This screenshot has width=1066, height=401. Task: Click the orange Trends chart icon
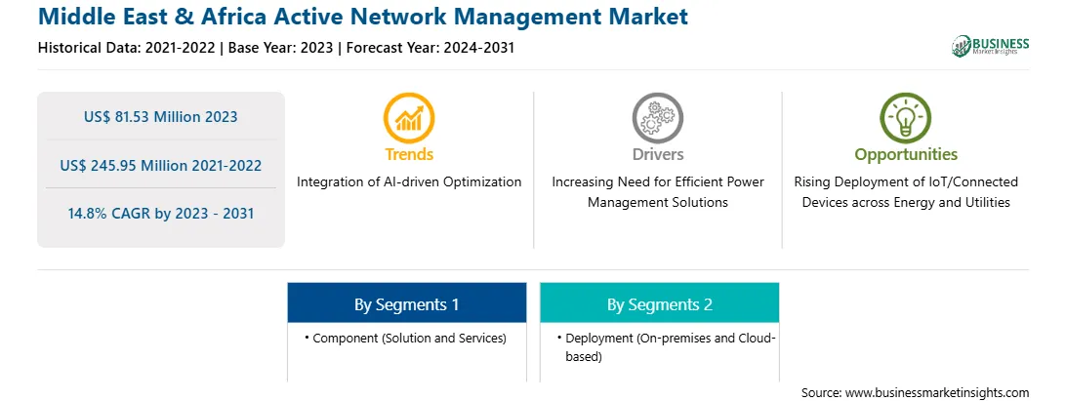click(x=409, y=118)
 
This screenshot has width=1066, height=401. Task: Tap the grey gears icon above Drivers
click(x=657, y=118)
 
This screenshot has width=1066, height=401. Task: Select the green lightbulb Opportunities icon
click(x=906, y=118)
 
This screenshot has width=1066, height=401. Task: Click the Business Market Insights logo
click(x=991, y=46)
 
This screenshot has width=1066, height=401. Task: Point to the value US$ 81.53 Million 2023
click(x=161, y=117)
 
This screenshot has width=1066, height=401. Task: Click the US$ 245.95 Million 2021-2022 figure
click(x=161, y=165)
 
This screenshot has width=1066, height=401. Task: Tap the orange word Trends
click(x=409, y=154)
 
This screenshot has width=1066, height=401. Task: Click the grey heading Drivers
click(x=658, y=154)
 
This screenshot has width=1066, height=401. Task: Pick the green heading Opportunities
click(x=906, y=155)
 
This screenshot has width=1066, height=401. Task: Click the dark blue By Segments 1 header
click(x=406, y=303)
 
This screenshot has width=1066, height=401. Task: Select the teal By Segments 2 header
click(x=660, y=303)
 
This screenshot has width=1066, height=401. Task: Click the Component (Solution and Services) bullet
click(x=405, y=338)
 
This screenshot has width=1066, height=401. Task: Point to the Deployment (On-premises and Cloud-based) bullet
click(x=666, y=346)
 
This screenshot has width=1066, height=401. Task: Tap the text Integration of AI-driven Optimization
click(x=409, y=182)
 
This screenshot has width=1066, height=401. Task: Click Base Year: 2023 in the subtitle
click(x=281, y=48)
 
